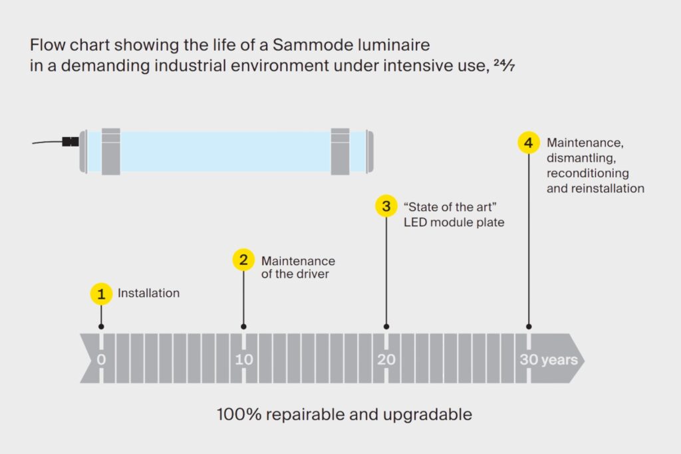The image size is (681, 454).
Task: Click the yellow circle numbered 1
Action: tap(101, 294)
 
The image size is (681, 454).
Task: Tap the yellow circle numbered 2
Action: tap(243, 260)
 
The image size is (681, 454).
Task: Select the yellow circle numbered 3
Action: tap(386, 206)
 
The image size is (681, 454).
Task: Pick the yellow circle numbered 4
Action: tap(528, 143)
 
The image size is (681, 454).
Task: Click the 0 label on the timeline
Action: tap(101, 359)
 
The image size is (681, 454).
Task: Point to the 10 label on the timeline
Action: tap(243, 359)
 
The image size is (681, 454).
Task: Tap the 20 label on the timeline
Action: tap(386, 359)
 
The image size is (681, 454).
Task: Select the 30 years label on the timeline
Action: tap(548, 359)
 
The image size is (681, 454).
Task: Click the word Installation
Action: tap(148, 293)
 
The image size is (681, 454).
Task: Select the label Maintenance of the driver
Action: tap(297, 267)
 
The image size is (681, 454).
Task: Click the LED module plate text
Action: tap(454, 222)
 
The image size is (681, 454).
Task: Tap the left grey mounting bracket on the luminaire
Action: tap(110, 151)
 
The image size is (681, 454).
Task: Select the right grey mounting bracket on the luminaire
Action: tap(340, 151)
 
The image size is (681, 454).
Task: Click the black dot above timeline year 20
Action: tap(386, 327)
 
